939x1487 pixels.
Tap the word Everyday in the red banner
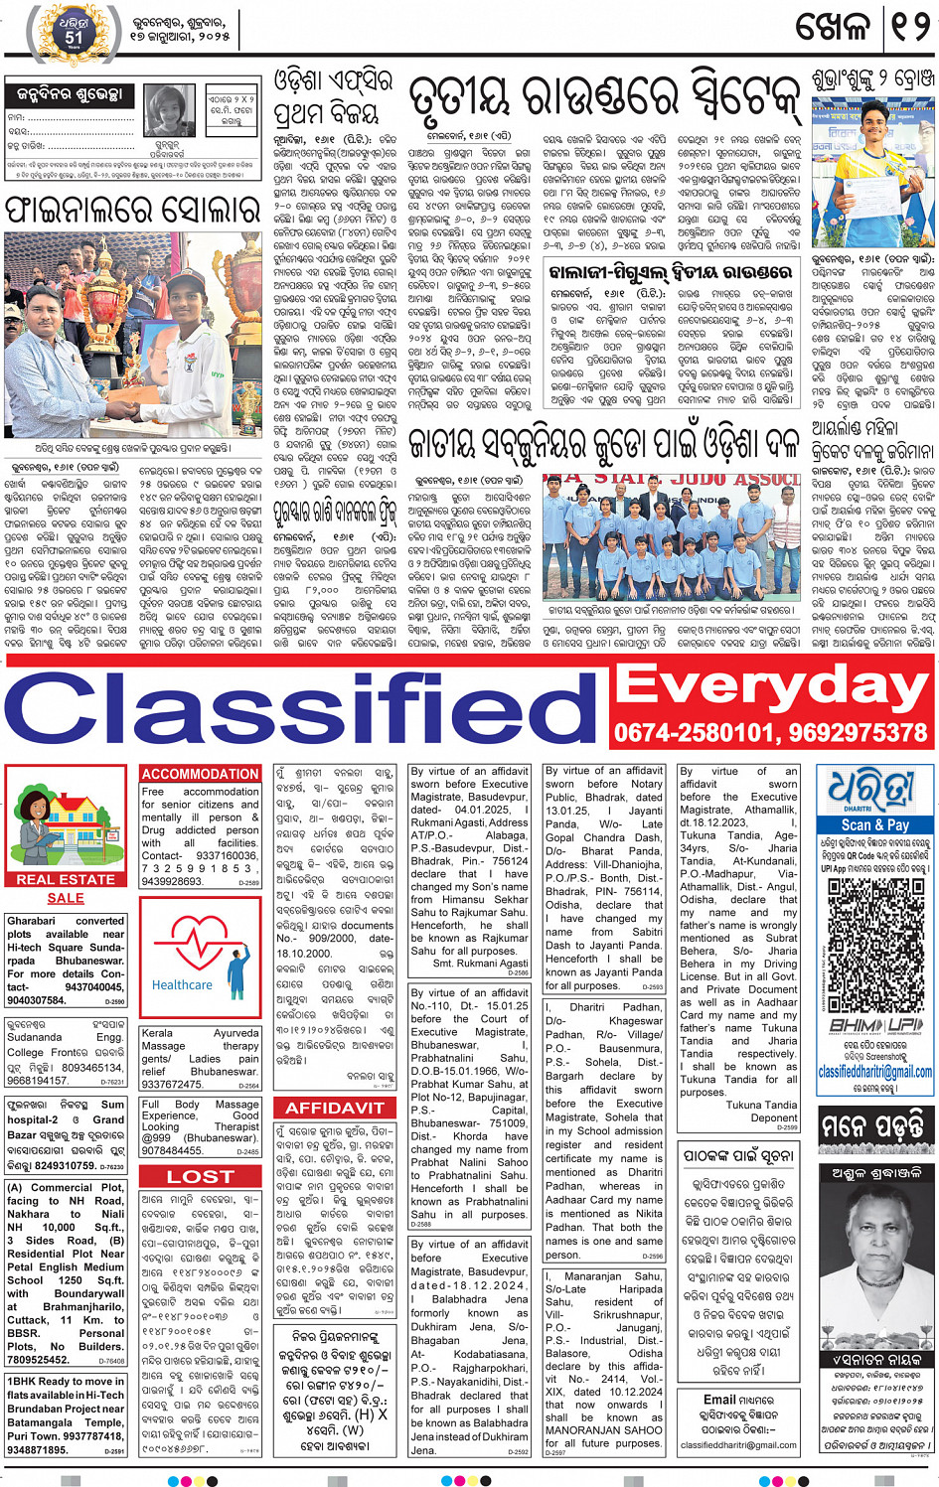773,684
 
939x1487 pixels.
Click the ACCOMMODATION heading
201,774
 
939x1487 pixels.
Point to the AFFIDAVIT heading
335,1108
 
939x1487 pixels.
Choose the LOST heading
201,1176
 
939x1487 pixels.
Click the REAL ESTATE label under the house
66,879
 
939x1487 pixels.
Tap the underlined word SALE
66,898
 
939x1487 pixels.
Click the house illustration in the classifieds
66,819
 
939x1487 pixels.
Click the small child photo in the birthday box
171,110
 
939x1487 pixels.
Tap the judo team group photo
671,535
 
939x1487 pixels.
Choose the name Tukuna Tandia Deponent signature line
761,1111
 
